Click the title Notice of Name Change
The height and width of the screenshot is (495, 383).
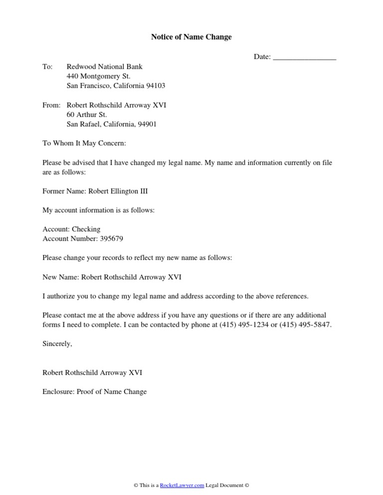pos(191,37)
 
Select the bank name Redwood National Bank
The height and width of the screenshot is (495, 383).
pos(104,67)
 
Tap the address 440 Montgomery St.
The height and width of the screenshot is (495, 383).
pos(98,76)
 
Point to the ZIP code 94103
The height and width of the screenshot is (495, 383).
pos(155,86)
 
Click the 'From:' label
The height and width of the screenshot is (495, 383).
pos(52,105)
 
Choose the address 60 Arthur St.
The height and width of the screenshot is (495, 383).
pos(87,115)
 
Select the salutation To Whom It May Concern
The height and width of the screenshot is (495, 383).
pos(84,143)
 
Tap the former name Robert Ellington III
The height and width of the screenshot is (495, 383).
pos(115,191)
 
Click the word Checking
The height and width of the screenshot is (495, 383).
pos(86,229)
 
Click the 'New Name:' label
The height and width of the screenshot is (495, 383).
pos(60,277)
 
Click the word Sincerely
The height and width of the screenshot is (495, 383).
pos(57,344)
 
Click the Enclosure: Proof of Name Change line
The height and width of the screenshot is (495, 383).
pos(95,391)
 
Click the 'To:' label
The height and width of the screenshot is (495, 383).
pos(47,67)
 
